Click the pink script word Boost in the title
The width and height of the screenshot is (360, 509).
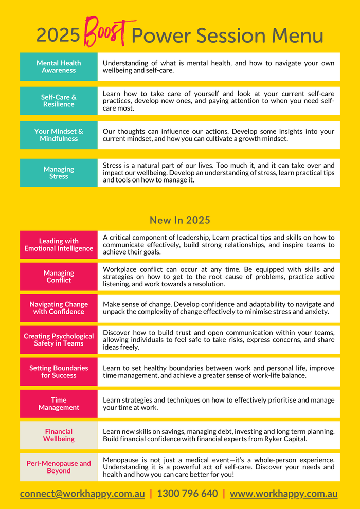tap(106, 32)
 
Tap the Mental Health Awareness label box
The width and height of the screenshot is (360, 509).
tap(59, 67)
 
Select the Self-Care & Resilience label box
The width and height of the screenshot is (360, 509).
tap(59, 101)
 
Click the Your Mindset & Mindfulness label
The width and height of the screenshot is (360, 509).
tap(59, 135)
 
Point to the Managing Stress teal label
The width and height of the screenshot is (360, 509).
tap(59, 173)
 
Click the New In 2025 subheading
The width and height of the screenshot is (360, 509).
tap(180, 220)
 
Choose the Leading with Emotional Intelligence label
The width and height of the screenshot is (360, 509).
tap(59, 245)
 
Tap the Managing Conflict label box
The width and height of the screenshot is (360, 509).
tap(59, 277)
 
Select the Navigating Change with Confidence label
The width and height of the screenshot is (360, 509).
tap(59, 308)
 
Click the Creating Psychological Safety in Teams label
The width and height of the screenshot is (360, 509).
tap(59, 340)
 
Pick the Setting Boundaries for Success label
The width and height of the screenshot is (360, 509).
tap(59, 372)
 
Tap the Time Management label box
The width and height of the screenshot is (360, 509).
tap(59, 404)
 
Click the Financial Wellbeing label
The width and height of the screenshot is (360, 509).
tap(59, 435)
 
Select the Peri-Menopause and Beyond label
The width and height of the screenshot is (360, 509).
tap(59, 467)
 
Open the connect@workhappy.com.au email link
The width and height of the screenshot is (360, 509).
tap(82, 494)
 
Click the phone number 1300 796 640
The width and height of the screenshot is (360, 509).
tap(187, 494)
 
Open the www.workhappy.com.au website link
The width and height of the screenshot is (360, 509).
tap(284, 494)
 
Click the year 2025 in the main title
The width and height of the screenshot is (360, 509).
tap(58, 36)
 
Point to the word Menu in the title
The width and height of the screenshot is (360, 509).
tap(298, 36)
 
